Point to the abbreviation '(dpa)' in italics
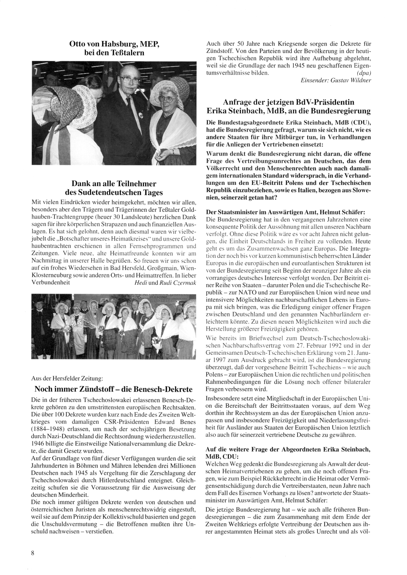tap(362, 73)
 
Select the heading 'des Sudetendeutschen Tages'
tap(114, 193)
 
